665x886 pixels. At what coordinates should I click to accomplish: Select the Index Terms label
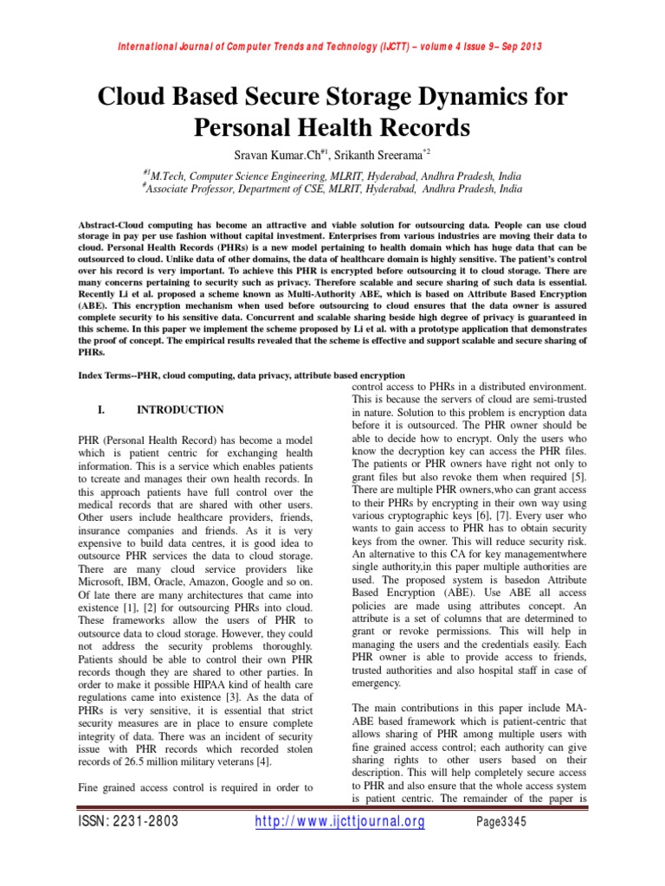(x=108, y=377)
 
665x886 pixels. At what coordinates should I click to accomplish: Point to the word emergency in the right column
(x=377, y=683)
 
